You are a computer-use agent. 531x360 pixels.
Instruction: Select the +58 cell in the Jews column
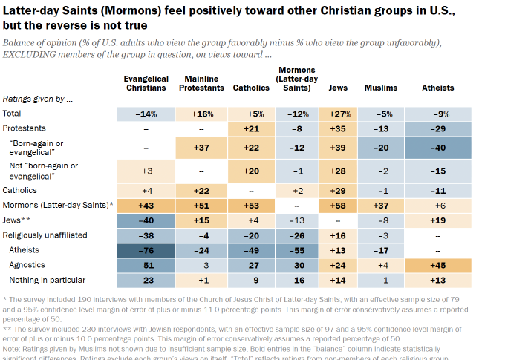tap(338, 205)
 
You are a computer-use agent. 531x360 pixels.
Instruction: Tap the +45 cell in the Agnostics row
tap(438, 264)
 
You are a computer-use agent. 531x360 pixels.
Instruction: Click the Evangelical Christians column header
tap(146, 83)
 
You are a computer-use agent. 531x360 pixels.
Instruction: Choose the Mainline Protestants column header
tap(201, 83)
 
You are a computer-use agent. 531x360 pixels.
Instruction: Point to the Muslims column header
tap(381, 88)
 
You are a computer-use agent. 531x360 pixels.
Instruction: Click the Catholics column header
tap(251, 88)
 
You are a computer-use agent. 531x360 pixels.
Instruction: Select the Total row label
tap(12, 114)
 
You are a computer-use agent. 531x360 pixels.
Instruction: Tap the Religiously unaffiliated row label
tap(45, 235)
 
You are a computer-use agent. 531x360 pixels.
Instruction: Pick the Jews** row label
tap(17, 220)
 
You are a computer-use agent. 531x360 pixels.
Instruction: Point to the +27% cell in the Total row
tap(338, 114)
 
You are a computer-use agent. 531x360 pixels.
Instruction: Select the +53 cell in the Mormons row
tap(251, 205)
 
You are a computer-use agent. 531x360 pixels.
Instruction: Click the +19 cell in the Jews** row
tap(438, 220)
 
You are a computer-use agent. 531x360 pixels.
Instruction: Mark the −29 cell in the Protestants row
tap(438, 128)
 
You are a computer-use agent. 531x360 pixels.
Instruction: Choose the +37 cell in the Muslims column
tap(381, 205)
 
